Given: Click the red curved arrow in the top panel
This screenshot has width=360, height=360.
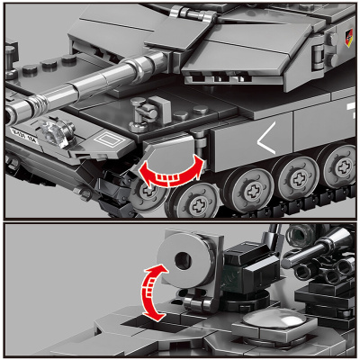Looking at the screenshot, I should point(169,169).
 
